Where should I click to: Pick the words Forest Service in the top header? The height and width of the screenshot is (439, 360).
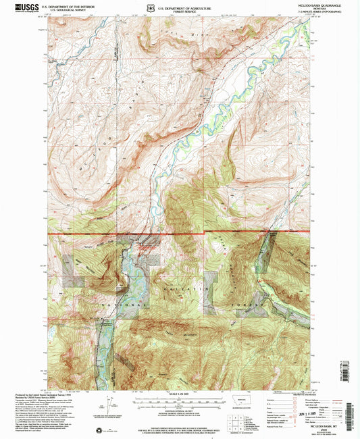pyautogui.click(x=191, y=11)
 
